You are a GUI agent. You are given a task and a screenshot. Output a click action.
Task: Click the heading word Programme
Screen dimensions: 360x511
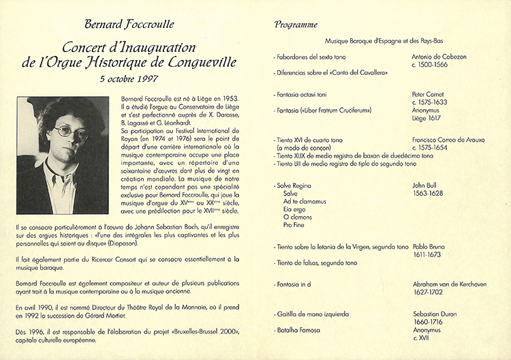click(296, 25)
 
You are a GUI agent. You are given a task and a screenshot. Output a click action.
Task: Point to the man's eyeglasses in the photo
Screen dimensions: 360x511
click(72, 130)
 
